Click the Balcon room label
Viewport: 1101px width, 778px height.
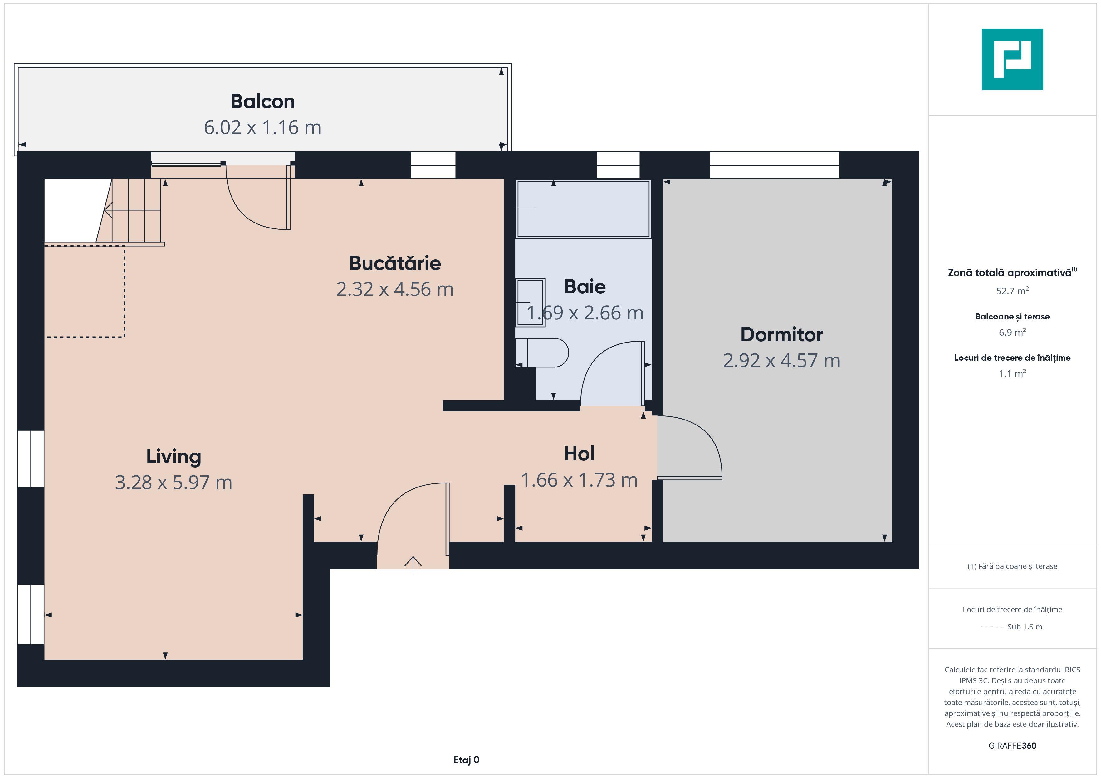pos(262,102)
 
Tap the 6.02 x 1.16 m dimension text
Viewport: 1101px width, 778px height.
pos(262,127)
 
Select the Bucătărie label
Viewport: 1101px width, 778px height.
pos(395,263)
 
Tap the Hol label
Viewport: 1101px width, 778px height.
pos(579,453)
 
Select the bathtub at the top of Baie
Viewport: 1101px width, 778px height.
pos(583,209)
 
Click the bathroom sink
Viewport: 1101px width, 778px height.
pos(530,302)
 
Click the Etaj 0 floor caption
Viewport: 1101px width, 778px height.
pos(466,760)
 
